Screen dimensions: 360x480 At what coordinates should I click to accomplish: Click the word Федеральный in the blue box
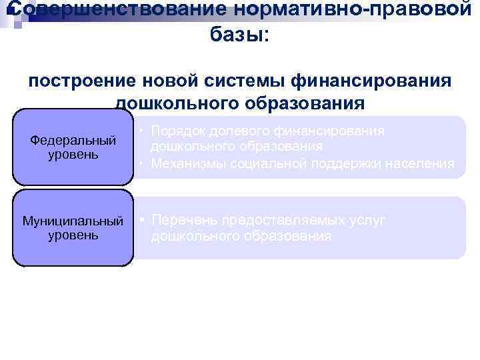(73, 141)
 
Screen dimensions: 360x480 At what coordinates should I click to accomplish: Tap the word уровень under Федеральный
(73, 155)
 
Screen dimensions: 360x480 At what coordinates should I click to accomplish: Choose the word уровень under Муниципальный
(73, 235)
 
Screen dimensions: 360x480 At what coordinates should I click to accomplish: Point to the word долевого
(245, 131)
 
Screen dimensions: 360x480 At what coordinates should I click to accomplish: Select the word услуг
(363, 221)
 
